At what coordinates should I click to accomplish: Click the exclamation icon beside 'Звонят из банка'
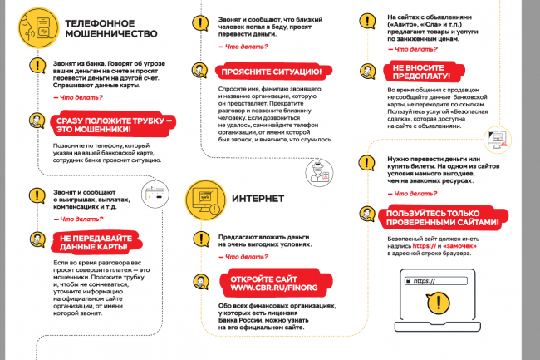pyautogui.click(x=35, y=67)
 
